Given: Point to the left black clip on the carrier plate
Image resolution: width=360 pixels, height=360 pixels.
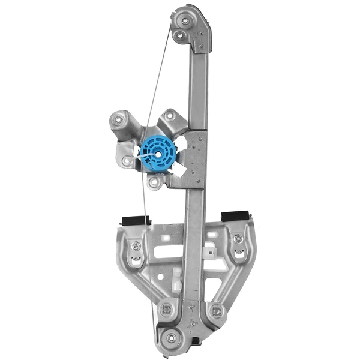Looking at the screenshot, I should [x=135, y=220].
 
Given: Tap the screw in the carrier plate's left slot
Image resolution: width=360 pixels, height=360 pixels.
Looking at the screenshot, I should [x=136, y=245].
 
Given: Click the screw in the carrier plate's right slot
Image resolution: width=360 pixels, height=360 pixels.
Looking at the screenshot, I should [x=239, y=239].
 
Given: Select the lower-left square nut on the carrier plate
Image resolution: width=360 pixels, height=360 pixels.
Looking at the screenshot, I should [x=167, y=310].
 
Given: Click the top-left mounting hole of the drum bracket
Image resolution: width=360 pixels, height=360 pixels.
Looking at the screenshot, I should [x=118, y=120].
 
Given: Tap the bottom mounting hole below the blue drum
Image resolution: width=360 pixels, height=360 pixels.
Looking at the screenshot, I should [x=155, y=182].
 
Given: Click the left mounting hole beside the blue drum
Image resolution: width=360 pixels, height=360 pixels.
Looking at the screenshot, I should [x=126, y=161].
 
